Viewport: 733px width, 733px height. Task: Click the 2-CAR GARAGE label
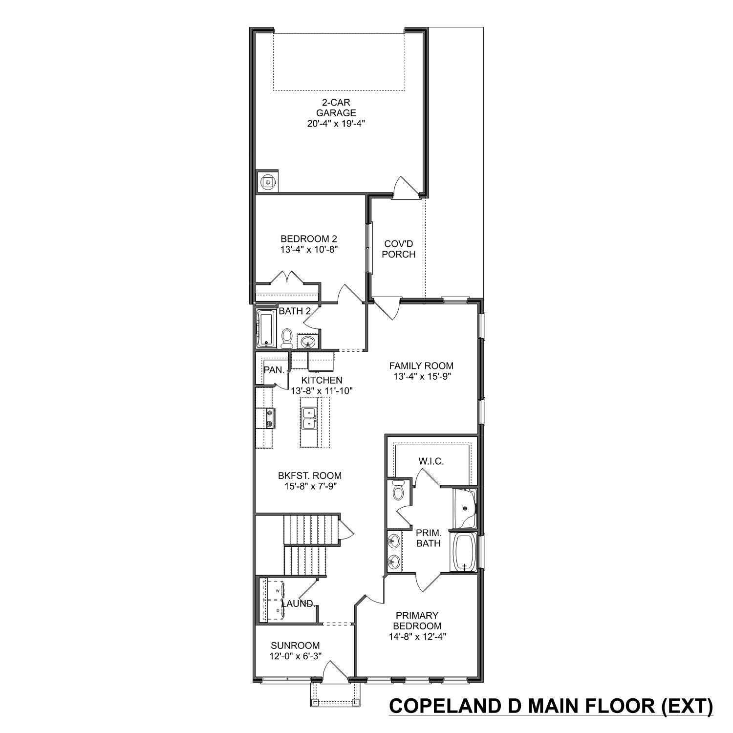[336, 108]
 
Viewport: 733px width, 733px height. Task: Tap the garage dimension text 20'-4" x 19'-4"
[336, 124]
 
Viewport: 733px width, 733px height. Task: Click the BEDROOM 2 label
[309, 239]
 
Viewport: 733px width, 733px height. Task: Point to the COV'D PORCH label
[399, 249]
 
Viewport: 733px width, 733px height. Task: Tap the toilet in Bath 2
[287, 338]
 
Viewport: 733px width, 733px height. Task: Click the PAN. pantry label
[274, 370]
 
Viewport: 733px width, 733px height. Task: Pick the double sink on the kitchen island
[309, 418]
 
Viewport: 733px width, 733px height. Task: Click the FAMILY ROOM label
[421, 366]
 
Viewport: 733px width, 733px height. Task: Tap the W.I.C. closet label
[431, 461]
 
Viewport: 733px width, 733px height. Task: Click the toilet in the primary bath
[398, 490]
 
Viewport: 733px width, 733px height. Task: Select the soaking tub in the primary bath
[463, 552]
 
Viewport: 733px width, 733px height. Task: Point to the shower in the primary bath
[464, 508]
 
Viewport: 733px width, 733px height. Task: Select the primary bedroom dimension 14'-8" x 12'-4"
[417, 637]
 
